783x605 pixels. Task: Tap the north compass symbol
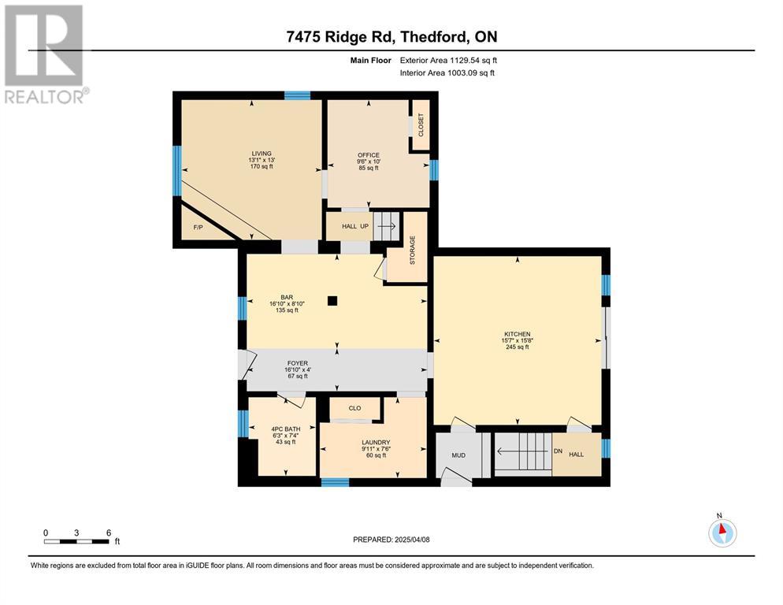pos(722,533)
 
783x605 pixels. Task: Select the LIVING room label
pos(262,154)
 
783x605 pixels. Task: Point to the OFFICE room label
pos(369,155)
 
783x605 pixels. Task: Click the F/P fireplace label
pos(199,228)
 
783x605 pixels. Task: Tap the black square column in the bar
pos(332,301)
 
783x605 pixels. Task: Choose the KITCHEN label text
pos(518,334)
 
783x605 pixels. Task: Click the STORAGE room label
pos(413,251)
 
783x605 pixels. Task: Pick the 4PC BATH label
pos(286,429)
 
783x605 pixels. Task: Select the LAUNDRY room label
pos(376,442)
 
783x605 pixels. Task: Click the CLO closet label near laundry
pos(354,408)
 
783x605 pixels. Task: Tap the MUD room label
pos(458,455)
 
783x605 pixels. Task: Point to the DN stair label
pos(558,451)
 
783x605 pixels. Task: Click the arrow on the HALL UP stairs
pos(387,226)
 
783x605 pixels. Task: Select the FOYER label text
pos(298,363)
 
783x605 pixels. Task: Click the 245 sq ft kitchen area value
pos(518,347)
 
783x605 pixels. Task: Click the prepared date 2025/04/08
pos(412,540)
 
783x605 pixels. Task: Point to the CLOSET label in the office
pos(421,125)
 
